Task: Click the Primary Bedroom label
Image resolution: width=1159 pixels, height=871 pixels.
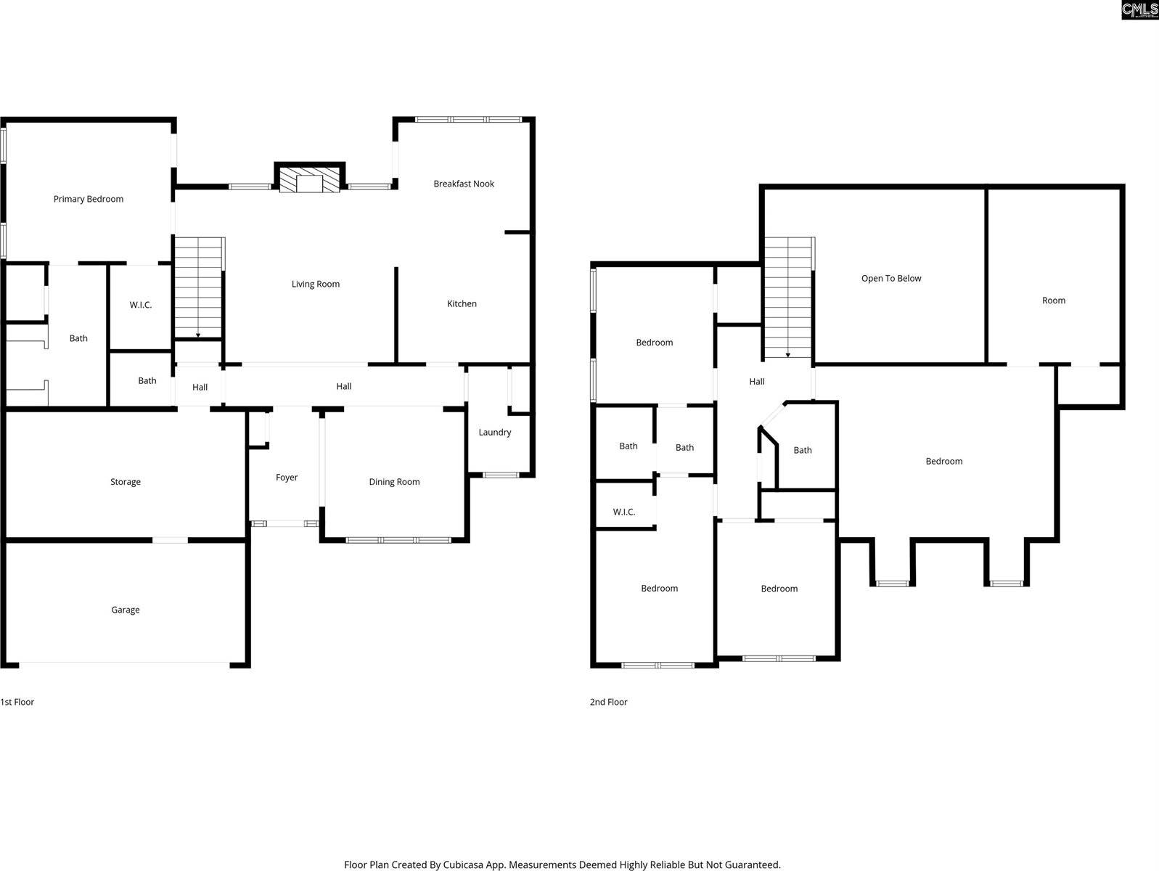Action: click(89, 199)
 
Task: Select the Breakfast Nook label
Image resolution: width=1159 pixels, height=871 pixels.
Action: click(464, 184)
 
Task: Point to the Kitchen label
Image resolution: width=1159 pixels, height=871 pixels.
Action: click(462, 303)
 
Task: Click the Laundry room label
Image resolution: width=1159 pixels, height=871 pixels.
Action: click(495, 432)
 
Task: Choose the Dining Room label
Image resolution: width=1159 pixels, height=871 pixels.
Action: click(394, 482)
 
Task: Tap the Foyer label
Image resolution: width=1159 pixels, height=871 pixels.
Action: click(287, 477)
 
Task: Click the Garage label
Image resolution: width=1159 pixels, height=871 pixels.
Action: click(126, 610)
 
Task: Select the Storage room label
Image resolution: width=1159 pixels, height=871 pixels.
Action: click(126, 482)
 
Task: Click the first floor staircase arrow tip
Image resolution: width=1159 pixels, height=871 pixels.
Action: click(198, 336)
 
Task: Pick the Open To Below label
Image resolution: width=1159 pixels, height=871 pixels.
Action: click(891, 278)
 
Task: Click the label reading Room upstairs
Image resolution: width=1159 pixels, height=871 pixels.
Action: click(1054, 300)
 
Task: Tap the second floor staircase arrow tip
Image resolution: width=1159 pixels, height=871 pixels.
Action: click(787, 356)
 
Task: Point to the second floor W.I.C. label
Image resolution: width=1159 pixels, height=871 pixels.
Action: click(624, 512)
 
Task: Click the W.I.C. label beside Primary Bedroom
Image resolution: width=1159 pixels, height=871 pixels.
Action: click(141, 305)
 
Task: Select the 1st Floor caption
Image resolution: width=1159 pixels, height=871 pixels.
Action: click(17, 702)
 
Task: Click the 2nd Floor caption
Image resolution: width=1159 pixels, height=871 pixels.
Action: click(608, 702)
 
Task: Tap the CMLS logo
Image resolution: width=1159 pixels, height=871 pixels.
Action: click(1139, 9)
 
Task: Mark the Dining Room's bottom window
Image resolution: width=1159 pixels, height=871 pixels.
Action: click(398, 540)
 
